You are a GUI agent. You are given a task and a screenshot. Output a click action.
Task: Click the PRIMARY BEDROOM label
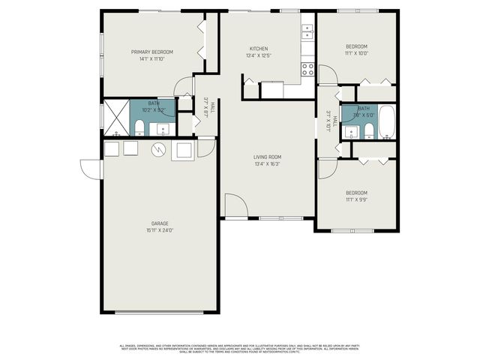point(151,52)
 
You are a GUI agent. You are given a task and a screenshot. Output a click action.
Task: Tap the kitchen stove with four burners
point(307,70)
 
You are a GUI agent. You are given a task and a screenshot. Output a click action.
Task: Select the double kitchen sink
point(307,31)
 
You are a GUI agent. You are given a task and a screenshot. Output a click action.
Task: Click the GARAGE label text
point(159,223)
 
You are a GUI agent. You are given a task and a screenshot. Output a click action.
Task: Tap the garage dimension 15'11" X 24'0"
point(159,230)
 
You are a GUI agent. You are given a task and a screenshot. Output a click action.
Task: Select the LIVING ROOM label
point(266,156)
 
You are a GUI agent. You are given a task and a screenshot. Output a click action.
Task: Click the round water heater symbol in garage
point(159,150)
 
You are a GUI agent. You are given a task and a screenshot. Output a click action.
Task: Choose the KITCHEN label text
point(259,48)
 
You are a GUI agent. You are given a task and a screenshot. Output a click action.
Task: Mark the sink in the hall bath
point(350,133)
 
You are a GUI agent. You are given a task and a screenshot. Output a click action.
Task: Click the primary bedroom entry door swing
point(184,87)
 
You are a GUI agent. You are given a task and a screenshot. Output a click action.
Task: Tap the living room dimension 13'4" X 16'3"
point(266,163)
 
